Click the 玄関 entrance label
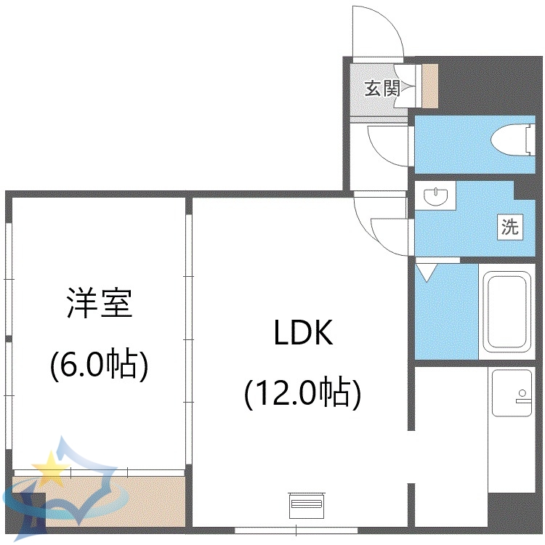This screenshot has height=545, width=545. [x=382, y=89]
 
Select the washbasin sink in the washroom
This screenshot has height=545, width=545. [x=435, y=197]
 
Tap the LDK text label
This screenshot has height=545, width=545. [x=303, y=334]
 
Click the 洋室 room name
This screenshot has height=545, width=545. [x=100, y=303]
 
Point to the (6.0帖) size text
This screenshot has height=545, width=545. [x=100, y=363]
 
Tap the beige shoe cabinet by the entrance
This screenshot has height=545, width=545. [x=429, y=86]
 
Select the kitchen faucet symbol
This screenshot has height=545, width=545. [x=522, y=395]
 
